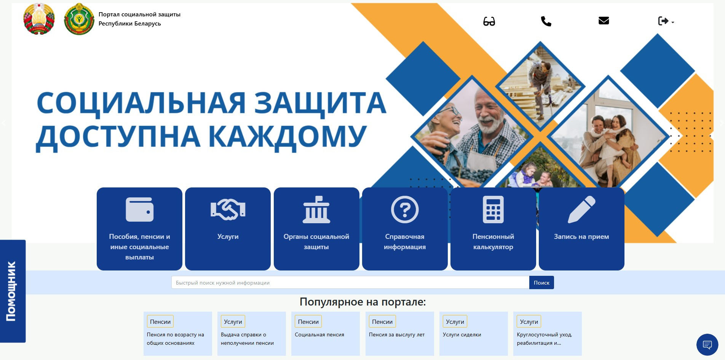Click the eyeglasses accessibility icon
pyautogui.click(x=489, y=21)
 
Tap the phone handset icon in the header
pyautogui.click(x=546, y=21)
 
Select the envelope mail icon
pyautogui.click(x=604, y=21)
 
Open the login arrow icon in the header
pyautogui.click(x=663, y=21)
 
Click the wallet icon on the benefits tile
pyautogui.click(x=140, y=209)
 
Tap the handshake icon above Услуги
pyautogui.click(x=228, y=209)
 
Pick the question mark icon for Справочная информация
pyautogui.click(x=405, y=209)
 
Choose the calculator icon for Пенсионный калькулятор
pyautogui.click(x=493, y=209)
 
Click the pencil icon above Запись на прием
pyautogui.click(x=581, y=209)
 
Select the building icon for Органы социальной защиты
pyautogui.click(x=316, y=209)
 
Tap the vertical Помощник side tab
pyautogui.click(x=13, y=291)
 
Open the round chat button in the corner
pyautogui.click(x=707, y=345)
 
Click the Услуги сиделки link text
pyautogui.click(x=462, y=334)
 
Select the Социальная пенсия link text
pyautogui.click(x=319, y=334)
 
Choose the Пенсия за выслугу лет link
pyautogui.click(x=397, y=334)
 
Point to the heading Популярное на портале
pyautogui.click(x=362, y=302)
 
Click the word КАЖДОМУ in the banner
pyautogui.click(x=287, y=137)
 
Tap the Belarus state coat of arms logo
pyautogui.click(x=39, y=19)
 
